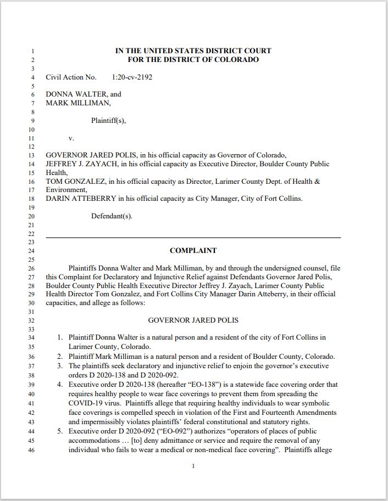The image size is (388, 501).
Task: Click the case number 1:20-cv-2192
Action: coord(132,77)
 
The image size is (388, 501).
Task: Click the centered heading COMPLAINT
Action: coord(193,251)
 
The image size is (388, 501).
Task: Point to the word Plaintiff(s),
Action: coord(108,121)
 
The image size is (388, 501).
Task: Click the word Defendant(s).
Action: coord(112,216)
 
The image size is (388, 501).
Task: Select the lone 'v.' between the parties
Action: coord(71,138)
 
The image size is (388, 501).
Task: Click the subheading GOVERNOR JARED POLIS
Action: coord(193,320)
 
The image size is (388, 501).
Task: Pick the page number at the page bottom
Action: coord(193,466)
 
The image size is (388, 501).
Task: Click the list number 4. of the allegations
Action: coord(60,385)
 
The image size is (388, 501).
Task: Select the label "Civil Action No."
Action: coord(71,77)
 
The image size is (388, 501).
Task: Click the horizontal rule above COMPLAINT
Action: coord(193,237)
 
